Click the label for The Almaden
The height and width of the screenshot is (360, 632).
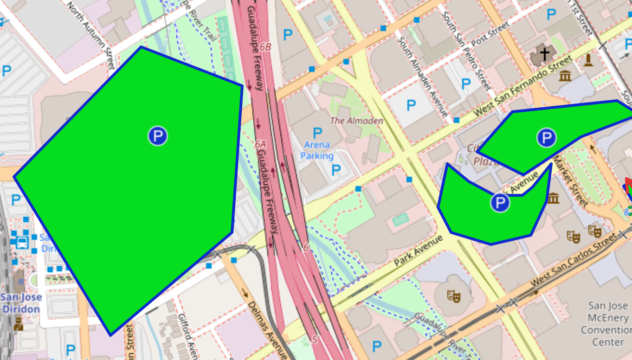point(356,121)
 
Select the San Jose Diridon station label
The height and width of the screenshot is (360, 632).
point(21,303)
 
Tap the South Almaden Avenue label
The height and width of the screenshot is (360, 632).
point(423,77)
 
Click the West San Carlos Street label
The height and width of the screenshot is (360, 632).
point(574,259)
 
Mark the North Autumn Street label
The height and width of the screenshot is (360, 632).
point(90,35)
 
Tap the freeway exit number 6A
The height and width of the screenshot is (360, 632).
point(260,144)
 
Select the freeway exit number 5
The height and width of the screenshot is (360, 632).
point(315,340)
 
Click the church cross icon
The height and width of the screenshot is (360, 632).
point(544,54)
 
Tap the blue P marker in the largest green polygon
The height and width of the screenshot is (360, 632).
point(158,136)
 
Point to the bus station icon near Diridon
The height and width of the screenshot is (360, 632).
point(22,242)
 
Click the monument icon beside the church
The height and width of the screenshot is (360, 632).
point(588,60)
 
